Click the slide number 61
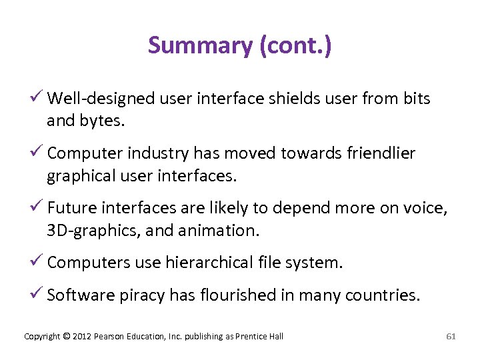tap(451, 337)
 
